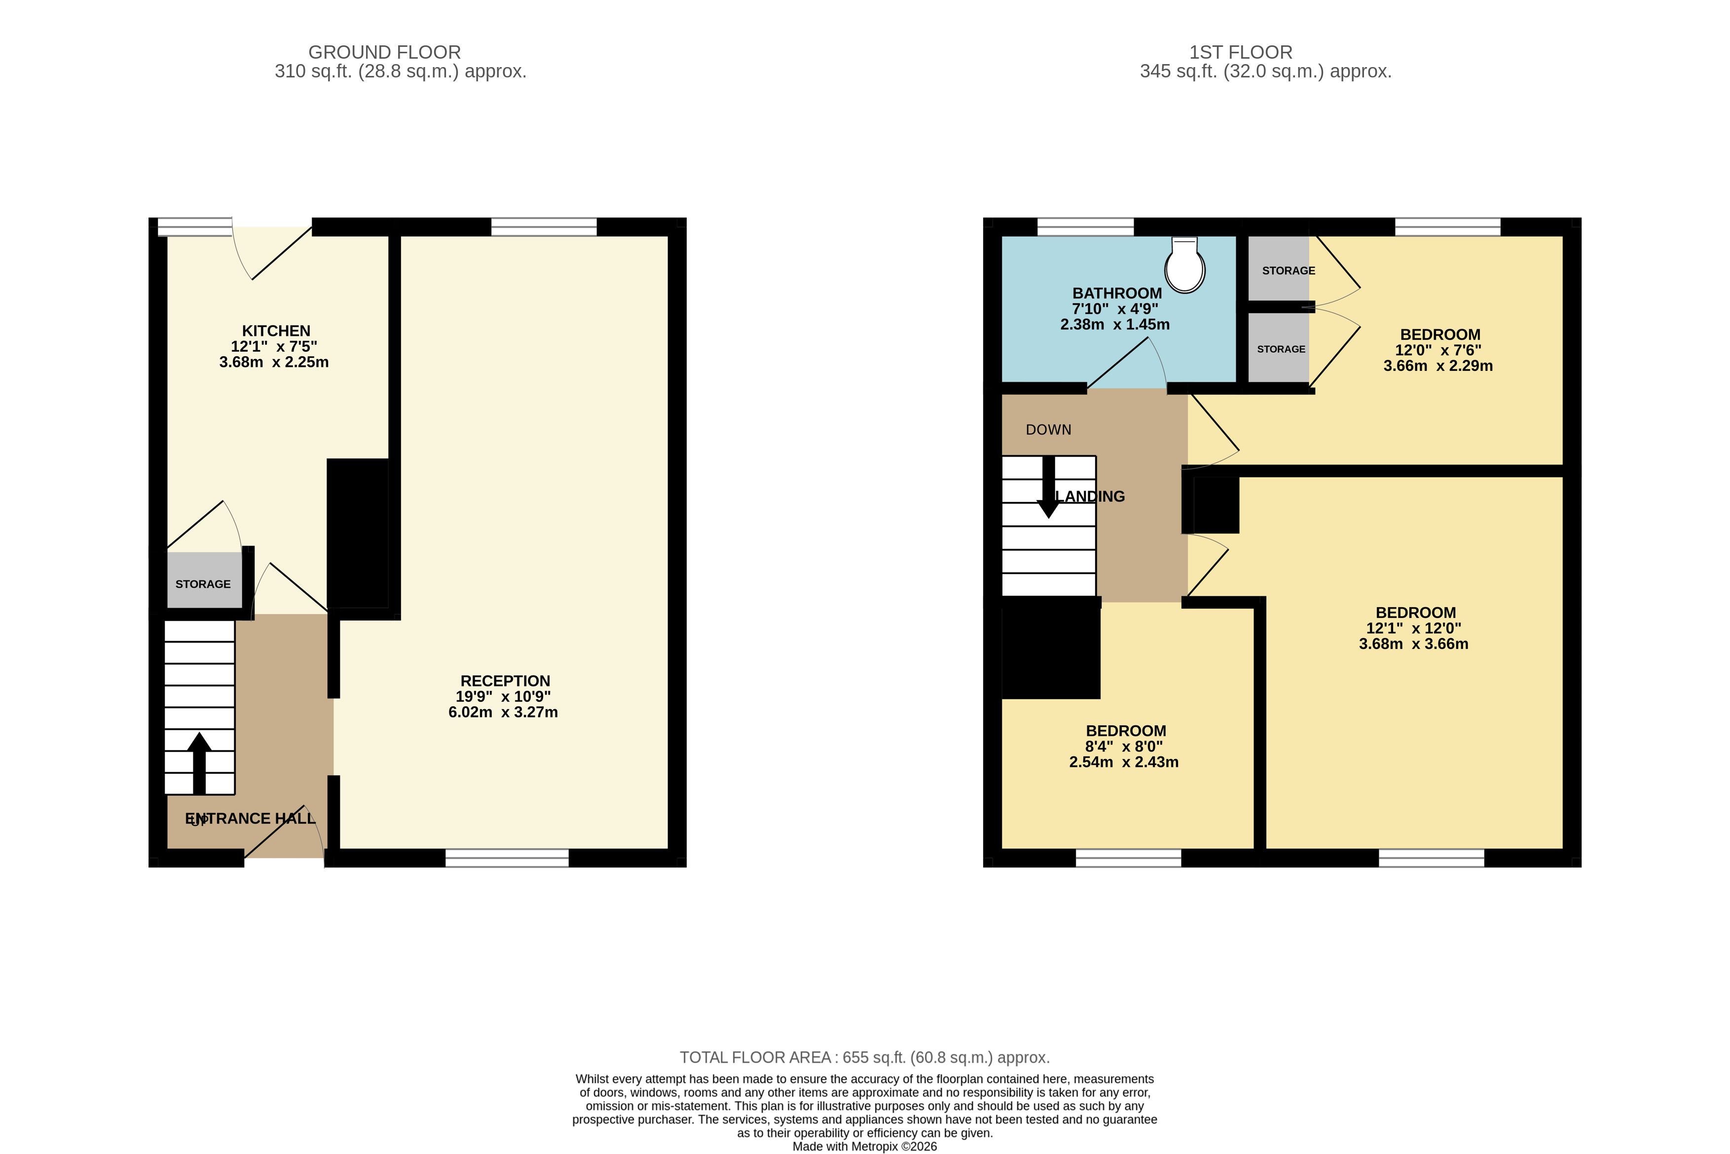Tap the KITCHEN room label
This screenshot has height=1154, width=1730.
[276, 331]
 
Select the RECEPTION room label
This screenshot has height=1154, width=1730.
[505, 681]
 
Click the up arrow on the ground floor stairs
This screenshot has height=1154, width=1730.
[199, 763]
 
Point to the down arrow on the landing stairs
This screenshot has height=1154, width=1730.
[1048, 487]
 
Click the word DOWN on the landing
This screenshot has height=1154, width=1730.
[1048, 430]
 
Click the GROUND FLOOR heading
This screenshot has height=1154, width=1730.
[384, 52]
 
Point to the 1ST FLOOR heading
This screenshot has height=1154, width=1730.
[1241, 52]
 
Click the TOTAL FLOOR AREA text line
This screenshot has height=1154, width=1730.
[864, 1058]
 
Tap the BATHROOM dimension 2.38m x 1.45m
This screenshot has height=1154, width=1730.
[1114, 325]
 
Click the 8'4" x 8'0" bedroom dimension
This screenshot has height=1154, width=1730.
[1123, 746]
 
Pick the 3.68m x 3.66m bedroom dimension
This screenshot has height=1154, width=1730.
[1413, 644]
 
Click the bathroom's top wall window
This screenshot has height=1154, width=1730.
[1085, 227]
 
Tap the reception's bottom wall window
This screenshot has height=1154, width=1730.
[507, 858]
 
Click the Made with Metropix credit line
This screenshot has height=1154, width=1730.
[864, 1147]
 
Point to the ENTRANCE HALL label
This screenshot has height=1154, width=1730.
[250, 818]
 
